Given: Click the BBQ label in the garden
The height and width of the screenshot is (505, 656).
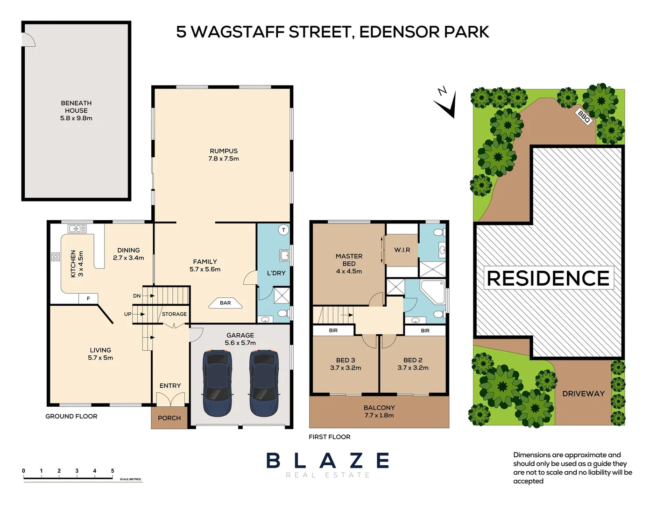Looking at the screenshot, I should coord(584,116).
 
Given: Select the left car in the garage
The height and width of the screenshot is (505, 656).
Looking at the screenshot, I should coord(217,383).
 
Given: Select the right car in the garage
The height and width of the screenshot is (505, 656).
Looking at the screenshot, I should coord(264,383).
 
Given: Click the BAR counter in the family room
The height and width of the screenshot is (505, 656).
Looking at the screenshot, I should coord(226,303).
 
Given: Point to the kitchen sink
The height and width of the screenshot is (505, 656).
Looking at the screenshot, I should coord(77,229).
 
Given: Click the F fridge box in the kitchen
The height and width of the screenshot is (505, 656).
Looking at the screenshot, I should coord(88,298).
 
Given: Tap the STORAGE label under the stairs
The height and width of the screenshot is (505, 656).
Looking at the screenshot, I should coord(174,314).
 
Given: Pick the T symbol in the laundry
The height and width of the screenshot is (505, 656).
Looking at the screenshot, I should coord(283,230).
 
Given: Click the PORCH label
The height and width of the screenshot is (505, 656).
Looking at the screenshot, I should coord(169,418).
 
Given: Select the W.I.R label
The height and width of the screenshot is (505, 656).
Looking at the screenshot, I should coord(402,250).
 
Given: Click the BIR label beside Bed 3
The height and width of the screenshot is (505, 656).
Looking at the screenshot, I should coord(333,331).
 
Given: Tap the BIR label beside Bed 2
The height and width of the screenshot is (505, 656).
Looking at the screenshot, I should coord(425,331).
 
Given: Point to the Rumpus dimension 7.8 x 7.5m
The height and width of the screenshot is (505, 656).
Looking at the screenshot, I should coord(224,159).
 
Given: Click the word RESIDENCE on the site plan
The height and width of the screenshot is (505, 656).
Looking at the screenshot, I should coord(548,278).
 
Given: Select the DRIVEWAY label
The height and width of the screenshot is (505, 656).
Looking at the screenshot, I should coord(583,394).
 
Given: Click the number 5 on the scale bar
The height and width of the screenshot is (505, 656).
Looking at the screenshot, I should coord(113,471).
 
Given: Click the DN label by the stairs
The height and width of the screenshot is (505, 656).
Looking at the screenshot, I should coord(137,296).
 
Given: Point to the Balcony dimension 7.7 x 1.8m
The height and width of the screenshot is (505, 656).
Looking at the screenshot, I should coord(379,415).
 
